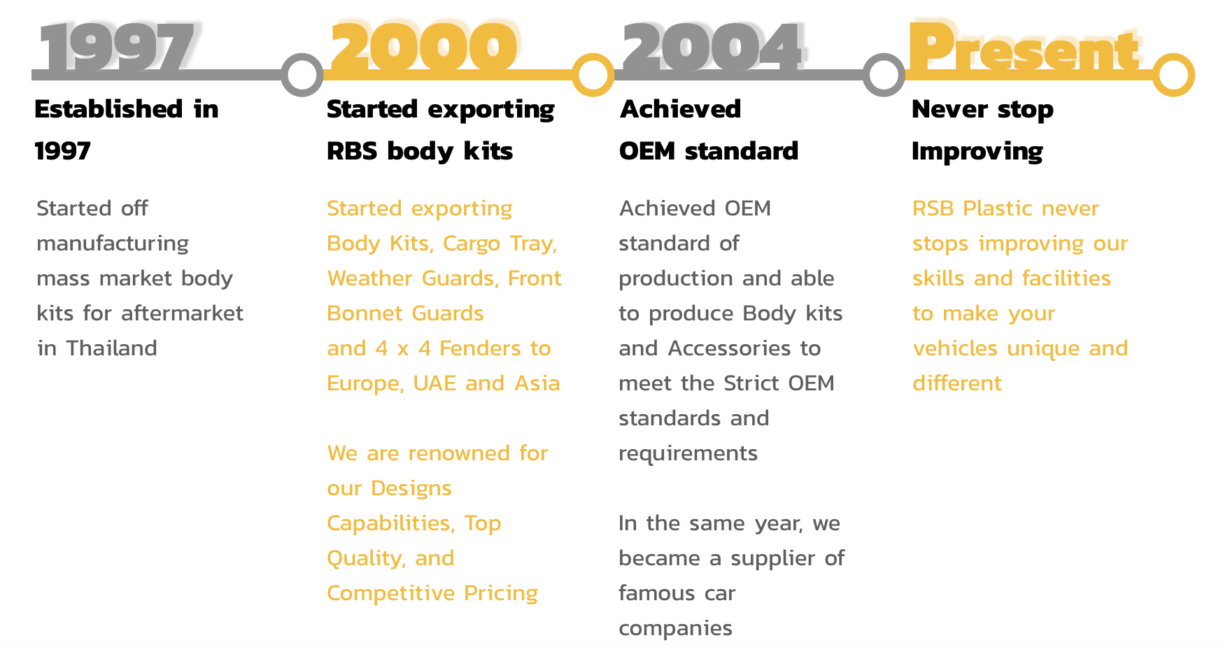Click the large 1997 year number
coord(116,47)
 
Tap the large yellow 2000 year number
coord(423,47)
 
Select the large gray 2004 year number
coord(712,47)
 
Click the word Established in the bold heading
coord(108,109)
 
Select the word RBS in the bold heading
coord(352,151)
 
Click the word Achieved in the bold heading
coord(680,109)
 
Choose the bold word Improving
coord(977,152)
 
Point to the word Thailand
coord(112,348)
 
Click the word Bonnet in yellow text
coord(362,313)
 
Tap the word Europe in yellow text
coord(365,384)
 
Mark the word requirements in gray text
coord(688,454)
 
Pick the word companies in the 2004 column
coord(675,629)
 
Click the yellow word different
coord(957,383)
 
